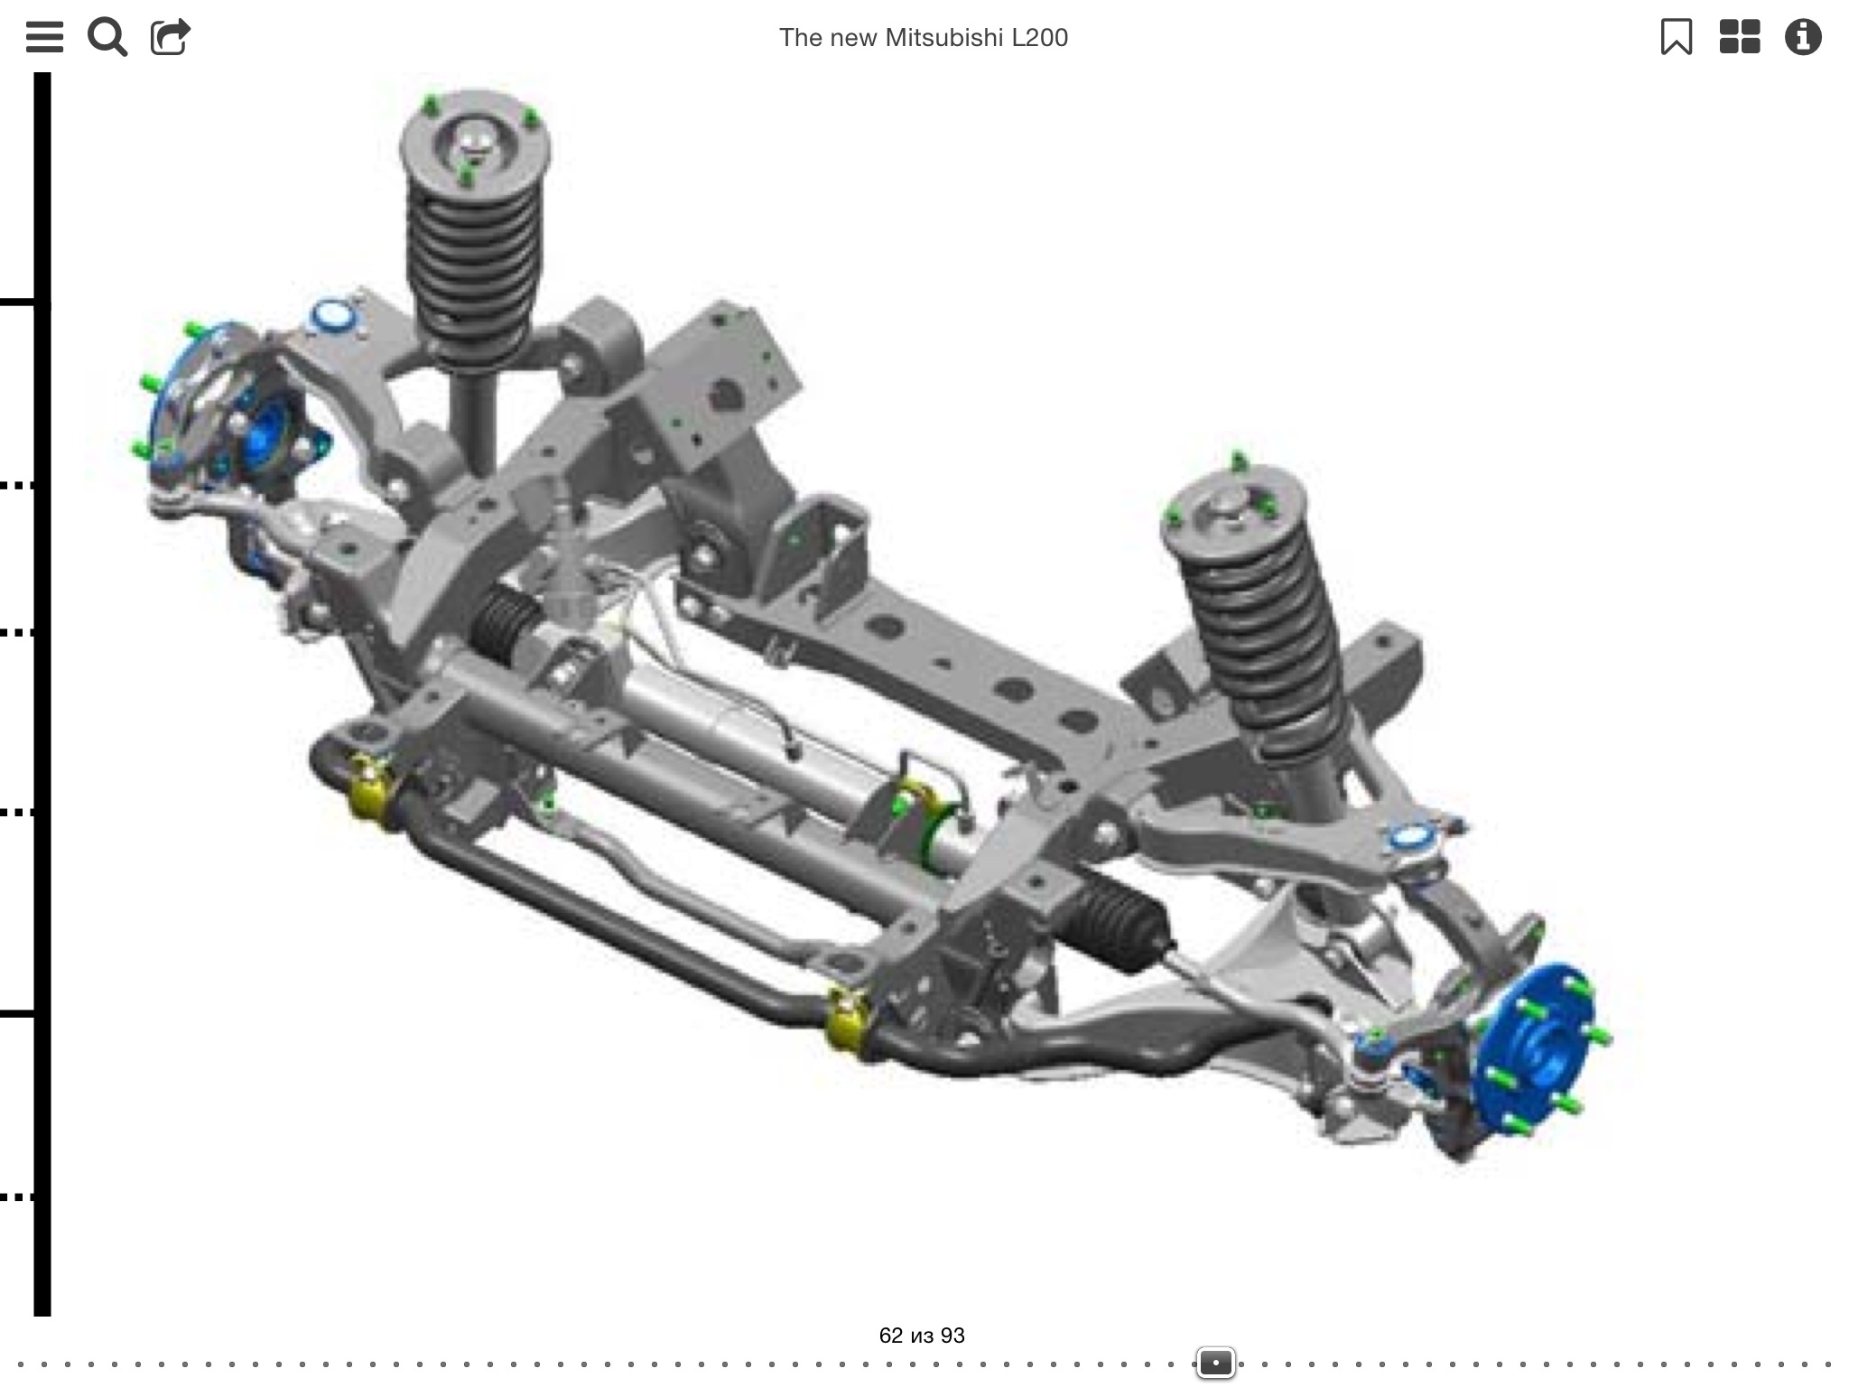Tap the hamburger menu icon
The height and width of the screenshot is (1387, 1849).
(44, 37)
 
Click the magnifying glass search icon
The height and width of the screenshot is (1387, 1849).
(107, 37)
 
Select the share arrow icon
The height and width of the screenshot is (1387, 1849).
(170, 37)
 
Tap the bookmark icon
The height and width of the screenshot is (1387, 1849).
(1677, 37)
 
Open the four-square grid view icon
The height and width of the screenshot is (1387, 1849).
(1740, 37)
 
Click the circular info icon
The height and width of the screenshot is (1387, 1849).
(1803, 37)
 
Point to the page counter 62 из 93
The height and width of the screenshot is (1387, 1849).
(922, 1335)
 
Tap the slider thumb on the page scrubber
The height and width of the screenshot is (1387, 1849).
(1215, 1362)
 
